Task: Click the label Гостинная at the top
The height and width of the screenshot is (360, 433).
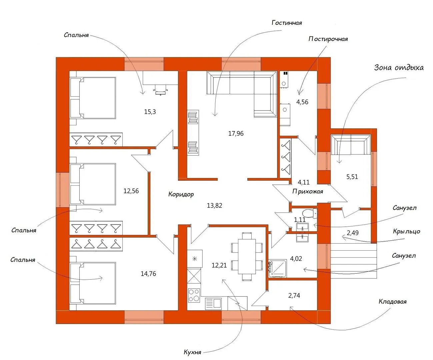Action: (287, 23)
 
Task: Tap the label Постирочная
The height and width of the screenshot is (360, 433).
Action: (328, 39)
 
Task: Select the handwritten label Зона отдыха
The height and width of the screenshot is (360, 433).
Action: (399, 68)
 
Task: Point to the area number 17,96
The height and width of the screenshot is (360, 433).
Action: (236, 134)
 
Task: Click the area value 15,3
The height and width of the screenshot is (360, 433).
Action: (150, 112)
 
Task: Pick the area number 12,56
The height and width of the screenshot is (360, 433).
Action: (131, 191)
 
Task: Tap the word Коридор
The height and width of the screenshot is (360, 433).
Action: (181, 194)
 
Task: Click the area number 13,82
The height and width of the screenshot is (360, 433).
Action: (214, 206)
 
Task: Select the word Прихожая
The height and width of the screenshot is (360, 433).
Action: (308, 191)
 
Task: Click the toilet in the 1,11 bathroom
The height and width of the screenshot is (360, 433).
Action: (310, 213)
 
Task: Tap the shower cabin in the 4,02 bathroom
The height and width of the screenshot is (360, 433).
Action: (277, 269)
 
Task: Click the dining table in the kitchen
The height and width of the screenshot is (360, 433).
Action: (247, 256)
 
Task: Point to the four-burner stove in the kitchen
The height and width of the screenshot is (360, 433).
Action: (194, 295)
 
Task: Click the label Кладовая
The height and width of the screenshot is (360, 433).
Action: (392, 302)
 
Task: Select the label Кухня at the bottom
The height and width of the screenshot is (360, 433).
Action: (192, 352)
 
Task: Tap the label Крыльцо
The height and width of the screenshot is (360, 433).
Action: (406, 231)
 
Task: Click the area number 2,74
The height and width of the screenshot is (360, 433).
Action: (294, 295)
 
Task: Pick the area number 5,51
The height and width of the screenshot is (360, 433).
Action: (352, 177)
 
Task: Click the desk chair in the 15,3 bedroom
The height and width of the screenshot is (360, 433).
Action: (160, 90)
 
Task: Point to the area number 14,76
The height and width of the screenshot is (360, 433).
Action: (148, 274)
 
